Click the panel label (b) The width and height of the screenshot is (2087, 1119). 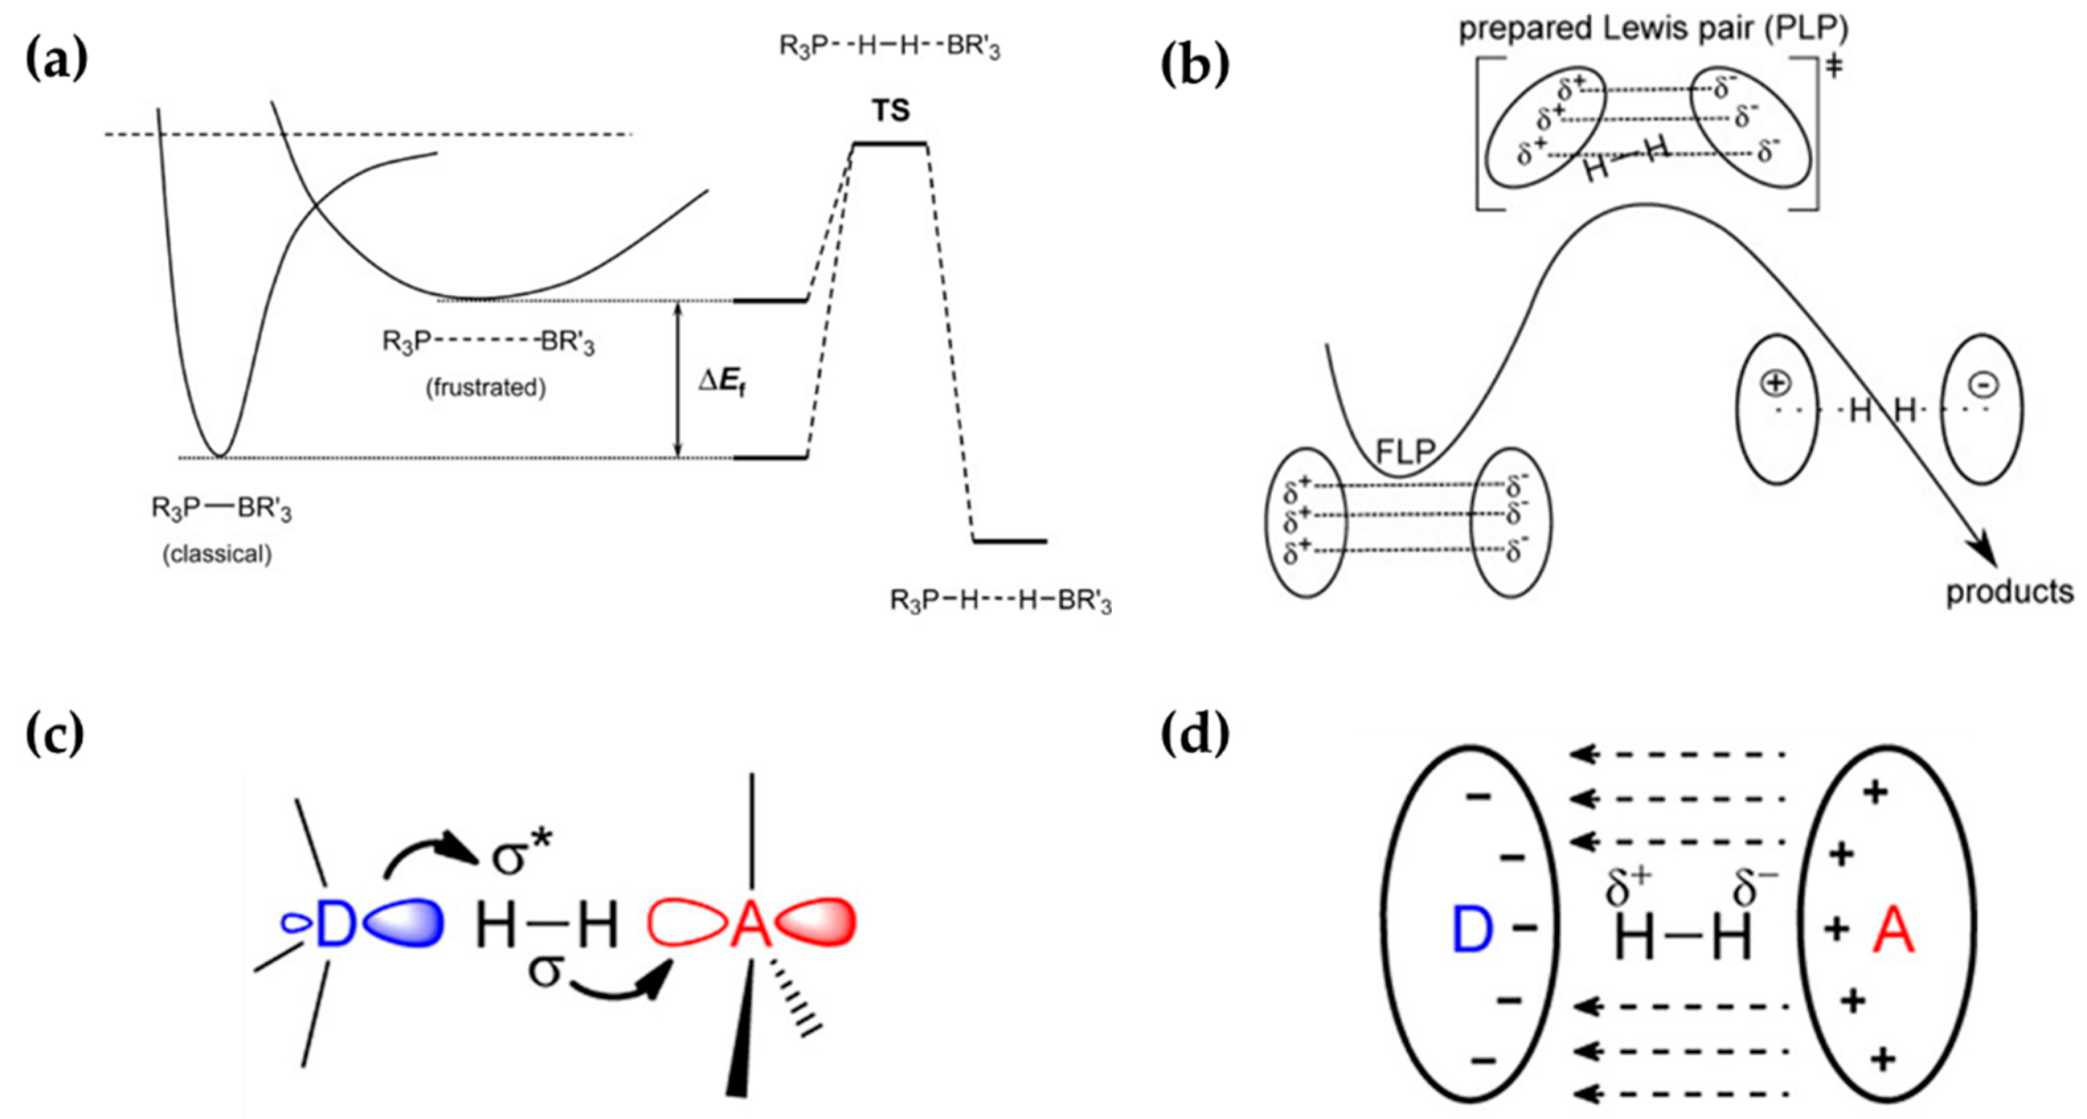pos(1195,65)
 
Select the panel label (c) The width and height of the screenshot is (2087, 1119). pos(55,735)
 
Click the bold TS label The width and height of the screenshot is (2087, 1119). pos(890,110)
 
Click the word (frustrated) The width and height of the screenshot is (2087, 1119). pos(486,388)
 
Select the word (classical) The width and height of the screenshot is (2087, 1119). pos(217,554)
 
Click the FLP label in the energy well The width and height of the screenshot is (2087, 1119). pos(1406,450)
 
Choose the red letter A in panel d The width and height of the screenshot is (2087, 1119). pos(1893,954)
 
